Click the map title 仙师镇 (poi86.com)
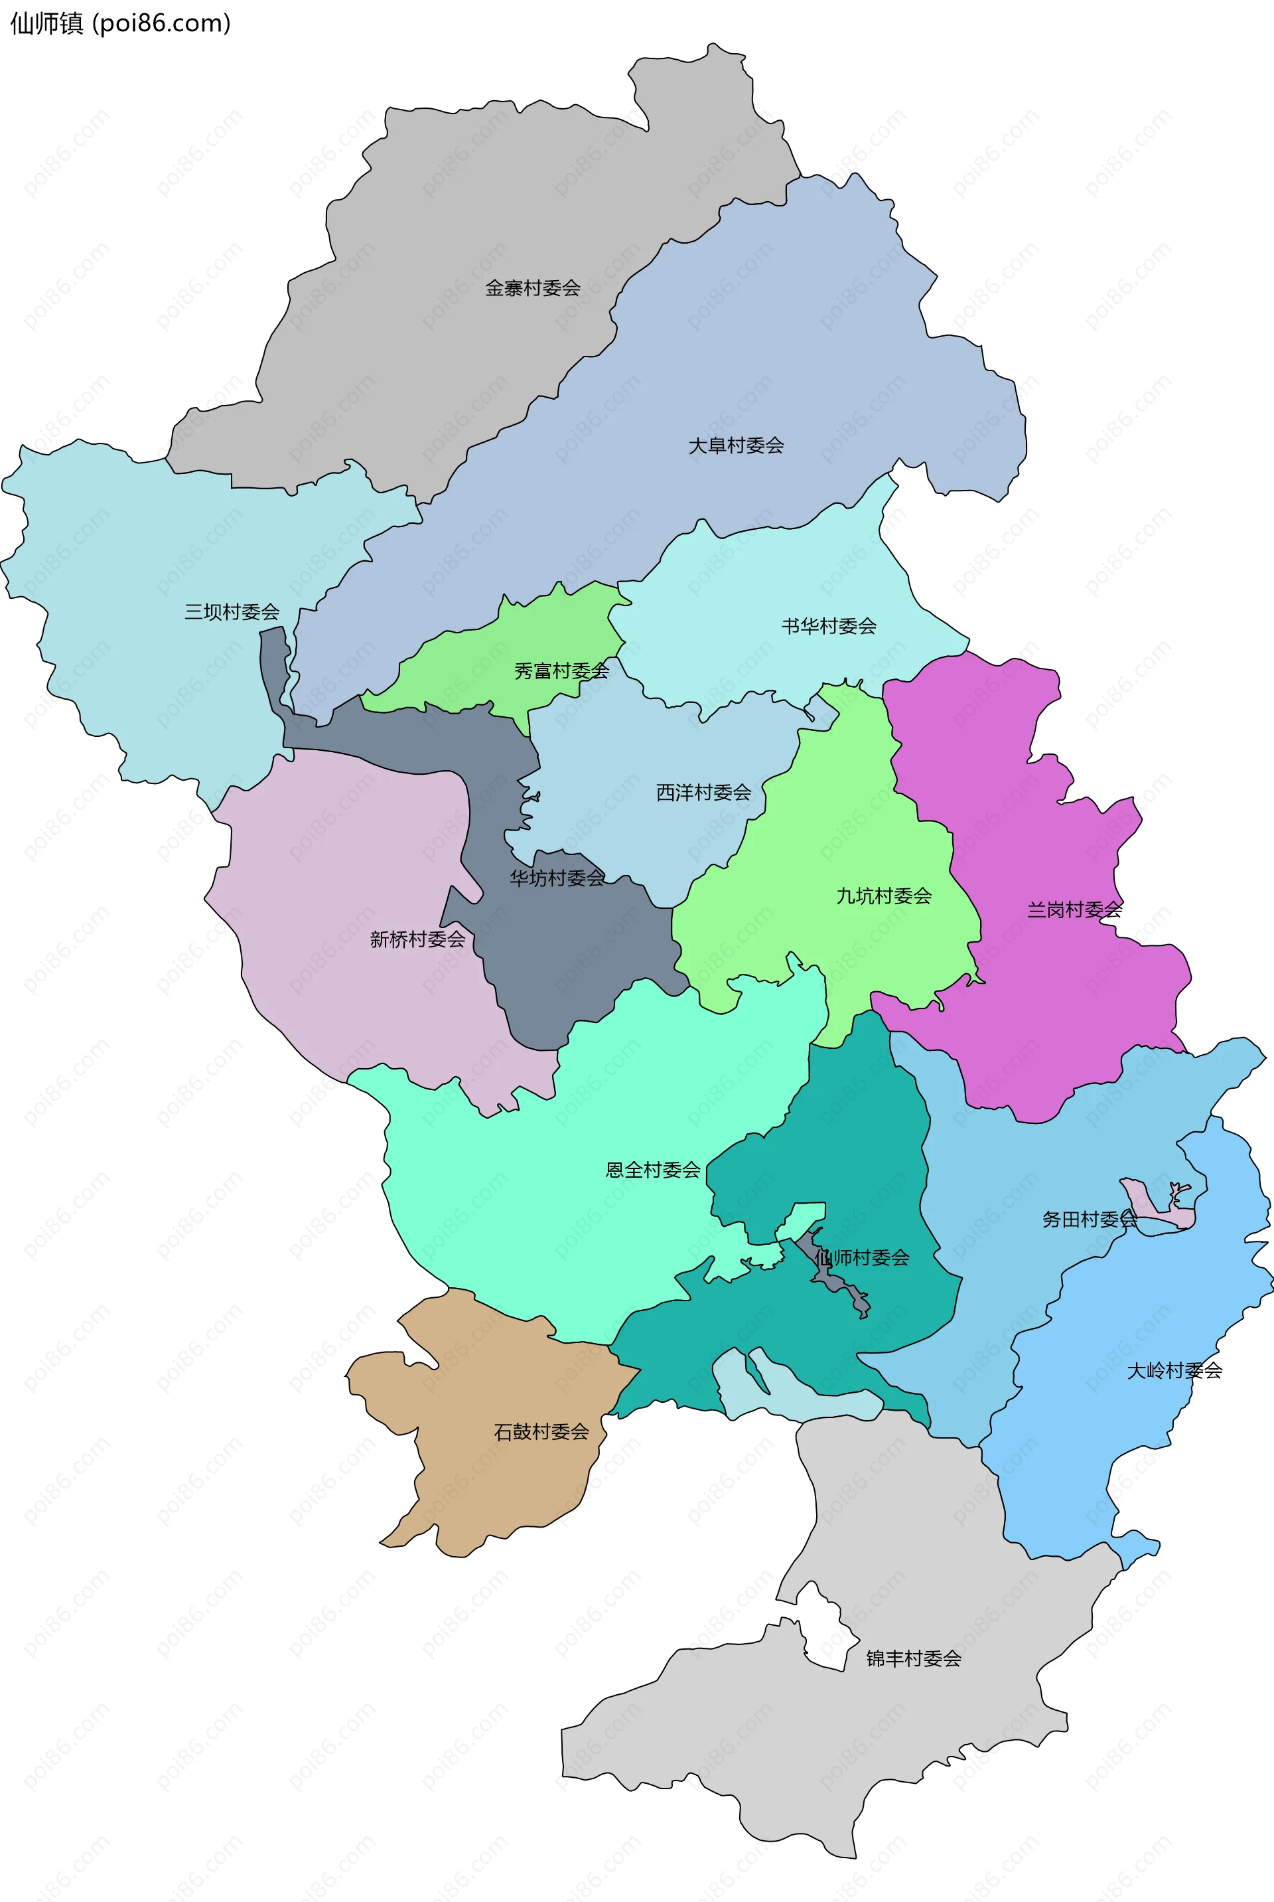coord(120,24)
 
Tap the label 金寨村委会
coord(532,287)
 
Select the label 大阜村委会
coord(735,445)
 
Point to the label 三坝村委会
coord(232,611)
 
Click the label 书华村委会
coord(829,626)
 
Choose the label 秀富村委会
coord(561,671)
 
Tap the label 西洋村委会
coord(703,793)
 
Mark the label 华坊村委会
coord(557,878)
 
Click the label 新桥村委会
coord(417,939)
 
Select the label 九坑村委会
coord(884,896)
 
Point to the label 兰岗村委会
coord(1074,910)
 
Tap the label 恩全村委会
coord(652,1170)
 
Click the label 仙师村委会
coord(862,1257)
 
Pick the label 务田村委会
coord(1089,1220)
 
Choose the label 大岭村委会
coord(1174,1370)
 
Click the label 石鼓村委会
coord(541,1431)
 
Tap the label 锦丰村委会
coord(913,1658)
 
